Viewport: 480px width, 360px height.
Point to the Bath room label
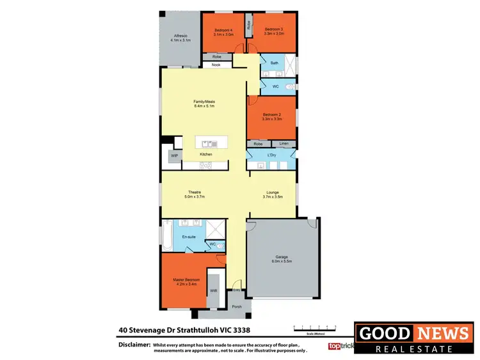[x=274, y=63]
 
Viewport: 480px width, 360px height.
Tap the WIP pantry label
[x=173, y=156]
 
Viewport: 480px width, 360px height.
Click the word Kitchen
[x=206, y=155]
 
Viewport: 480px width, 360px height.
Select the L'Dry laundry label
[x=271, y=156]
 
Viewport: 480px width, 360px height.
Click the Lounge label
[x=272, y=192]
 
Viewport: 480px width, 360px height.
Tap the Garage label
[x=282, y=258]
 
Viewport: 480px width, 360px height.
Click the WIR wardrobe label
[x=213, y=292]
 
